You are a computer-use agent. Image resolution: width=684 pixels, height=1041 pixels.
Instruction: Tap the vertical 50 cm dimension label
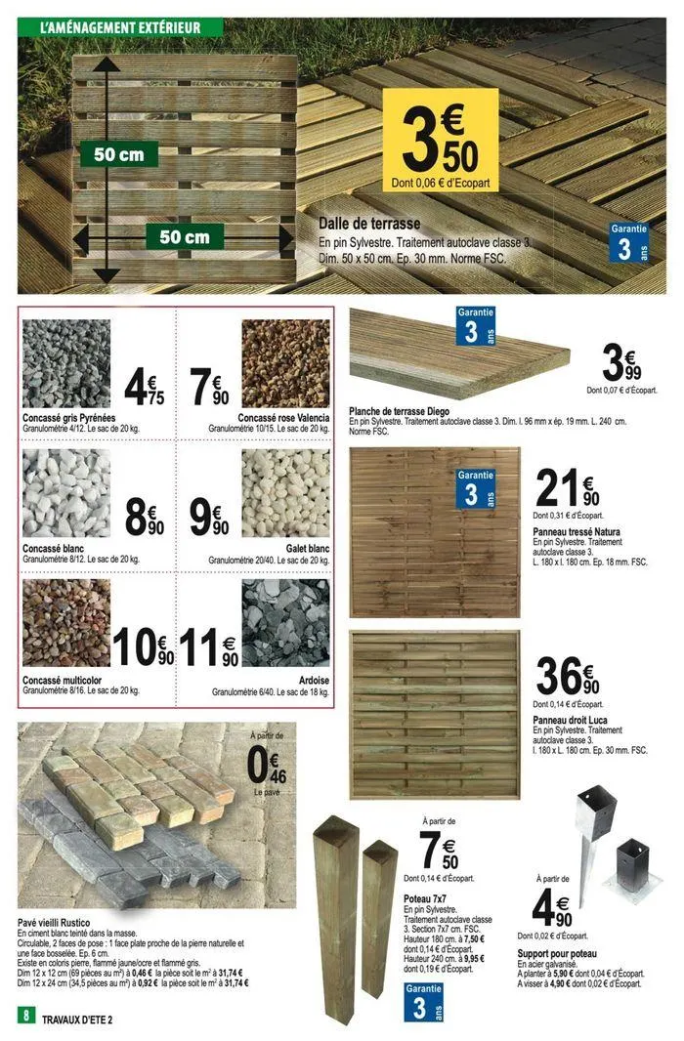pyautogui.click(x=117, y=154)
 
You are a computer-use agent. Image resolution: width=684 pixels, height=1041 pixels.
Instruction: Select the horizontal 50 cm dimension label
pyautogui.click(x=185, y=237)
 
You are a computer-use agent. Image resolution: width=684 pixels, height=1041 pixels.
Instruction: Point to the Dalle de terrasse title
pyautogui.click(x=369, y=224)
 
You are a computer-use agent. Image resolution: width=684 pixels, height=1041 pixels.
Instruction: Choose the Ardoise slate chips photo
pyautogui.click(x=284, y=625)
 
